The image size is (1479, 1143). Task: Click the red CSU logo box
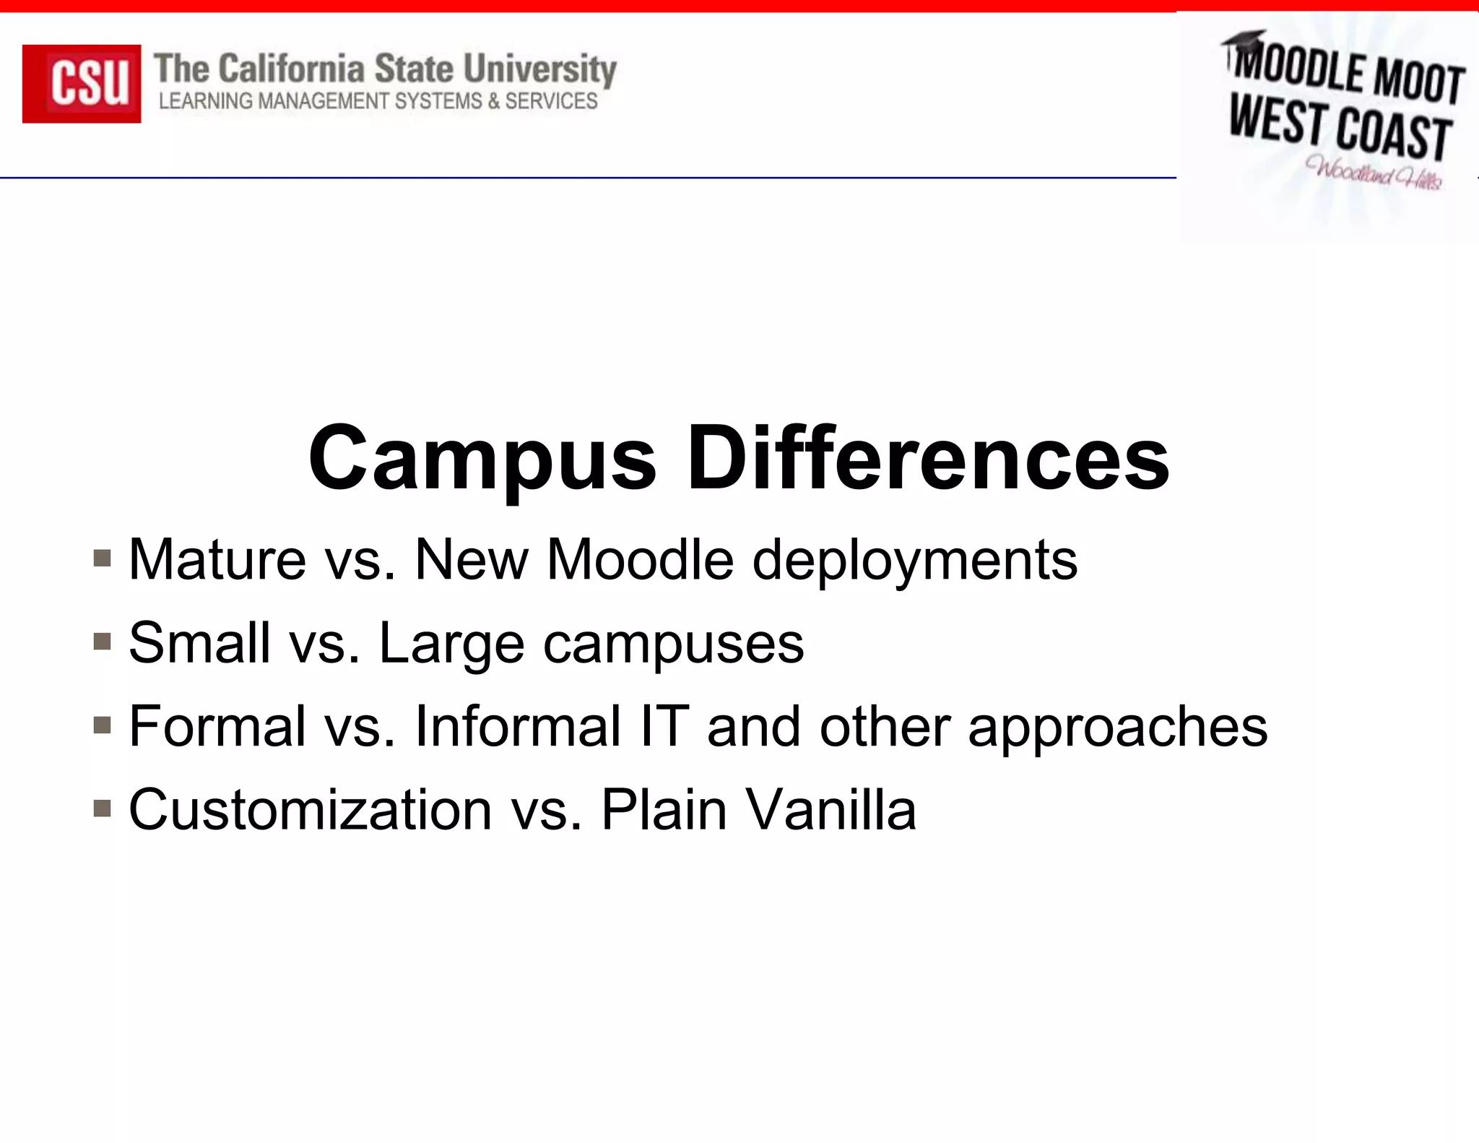coord(82,83)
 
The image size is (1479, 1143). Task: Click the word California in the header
coord(292,69)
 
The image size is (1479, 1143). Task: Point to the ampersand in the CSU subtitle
coord(493,101)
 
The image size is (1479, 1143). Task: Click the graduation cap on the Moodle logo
coord(1244,40)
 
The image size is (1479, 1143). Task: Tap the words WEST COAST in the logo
coord(1340,130)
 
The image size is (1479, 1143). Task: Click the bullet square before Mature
coord(103,558)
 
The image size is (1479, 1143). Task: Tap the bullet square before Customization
coord(103,808)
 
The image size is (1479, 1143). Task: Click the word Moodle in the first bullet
coord(640,559)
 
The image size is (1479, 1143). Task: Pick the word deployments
coord(914,561)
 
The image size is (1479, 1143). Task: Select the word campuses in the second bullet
coord(673,643)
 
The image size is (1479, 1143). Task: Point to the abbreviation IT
coord(664,726)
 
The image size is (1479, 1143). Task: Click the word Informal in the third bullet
coord(518,726)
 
